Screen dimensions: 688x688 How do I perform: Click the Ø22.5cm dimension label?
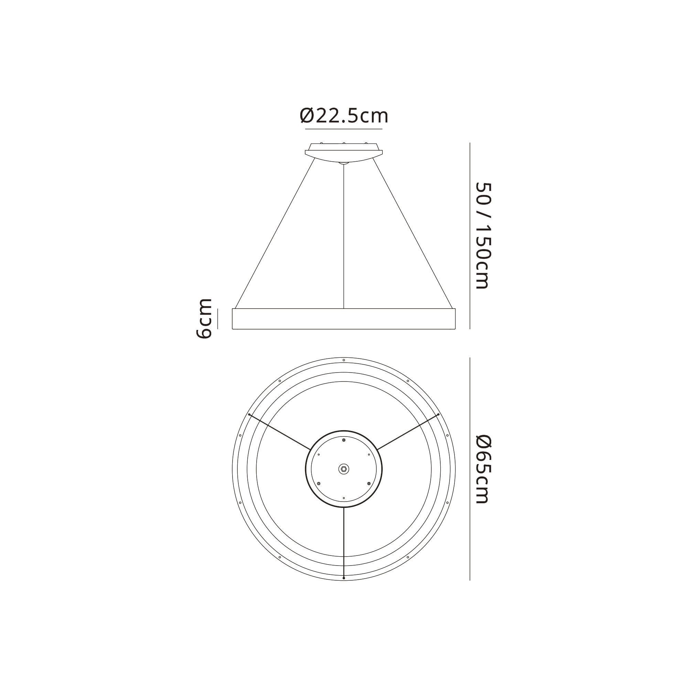coord(344,116)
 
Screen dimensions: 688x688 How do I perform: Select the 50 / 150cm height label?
coord(484,236)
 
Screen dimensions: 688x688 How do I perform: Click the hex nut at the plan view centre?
coord(344,469)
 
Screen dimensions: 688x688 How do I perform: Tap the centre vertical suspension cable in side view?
coord(344,235)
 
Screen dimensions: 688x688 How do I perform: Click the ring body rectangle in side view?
coord(344,319)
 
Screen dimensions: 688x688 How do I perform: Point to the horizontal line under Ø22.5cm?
coord(344,129)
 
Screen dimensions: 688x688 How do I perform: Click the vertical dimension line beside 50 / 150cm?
coord(470,236)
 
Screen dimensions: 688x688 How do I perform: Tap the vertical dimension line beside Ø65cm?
coord(470,469)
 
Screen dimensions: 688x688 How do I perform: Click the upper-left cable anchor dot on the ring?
coord(249,415)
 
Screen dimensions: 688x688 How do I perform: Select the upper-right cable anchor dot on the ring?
coord(438,415)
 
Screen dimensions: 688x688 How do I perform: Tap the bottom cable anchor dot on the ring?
coord(344,578)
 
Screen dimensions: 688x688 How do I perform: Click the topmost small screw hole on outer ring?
coord(344,360)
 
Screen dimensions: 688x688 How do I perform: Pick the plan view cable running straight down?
coord(344,541)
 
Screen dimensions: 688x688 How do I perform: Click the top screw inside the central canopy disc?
coord(344,440)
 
